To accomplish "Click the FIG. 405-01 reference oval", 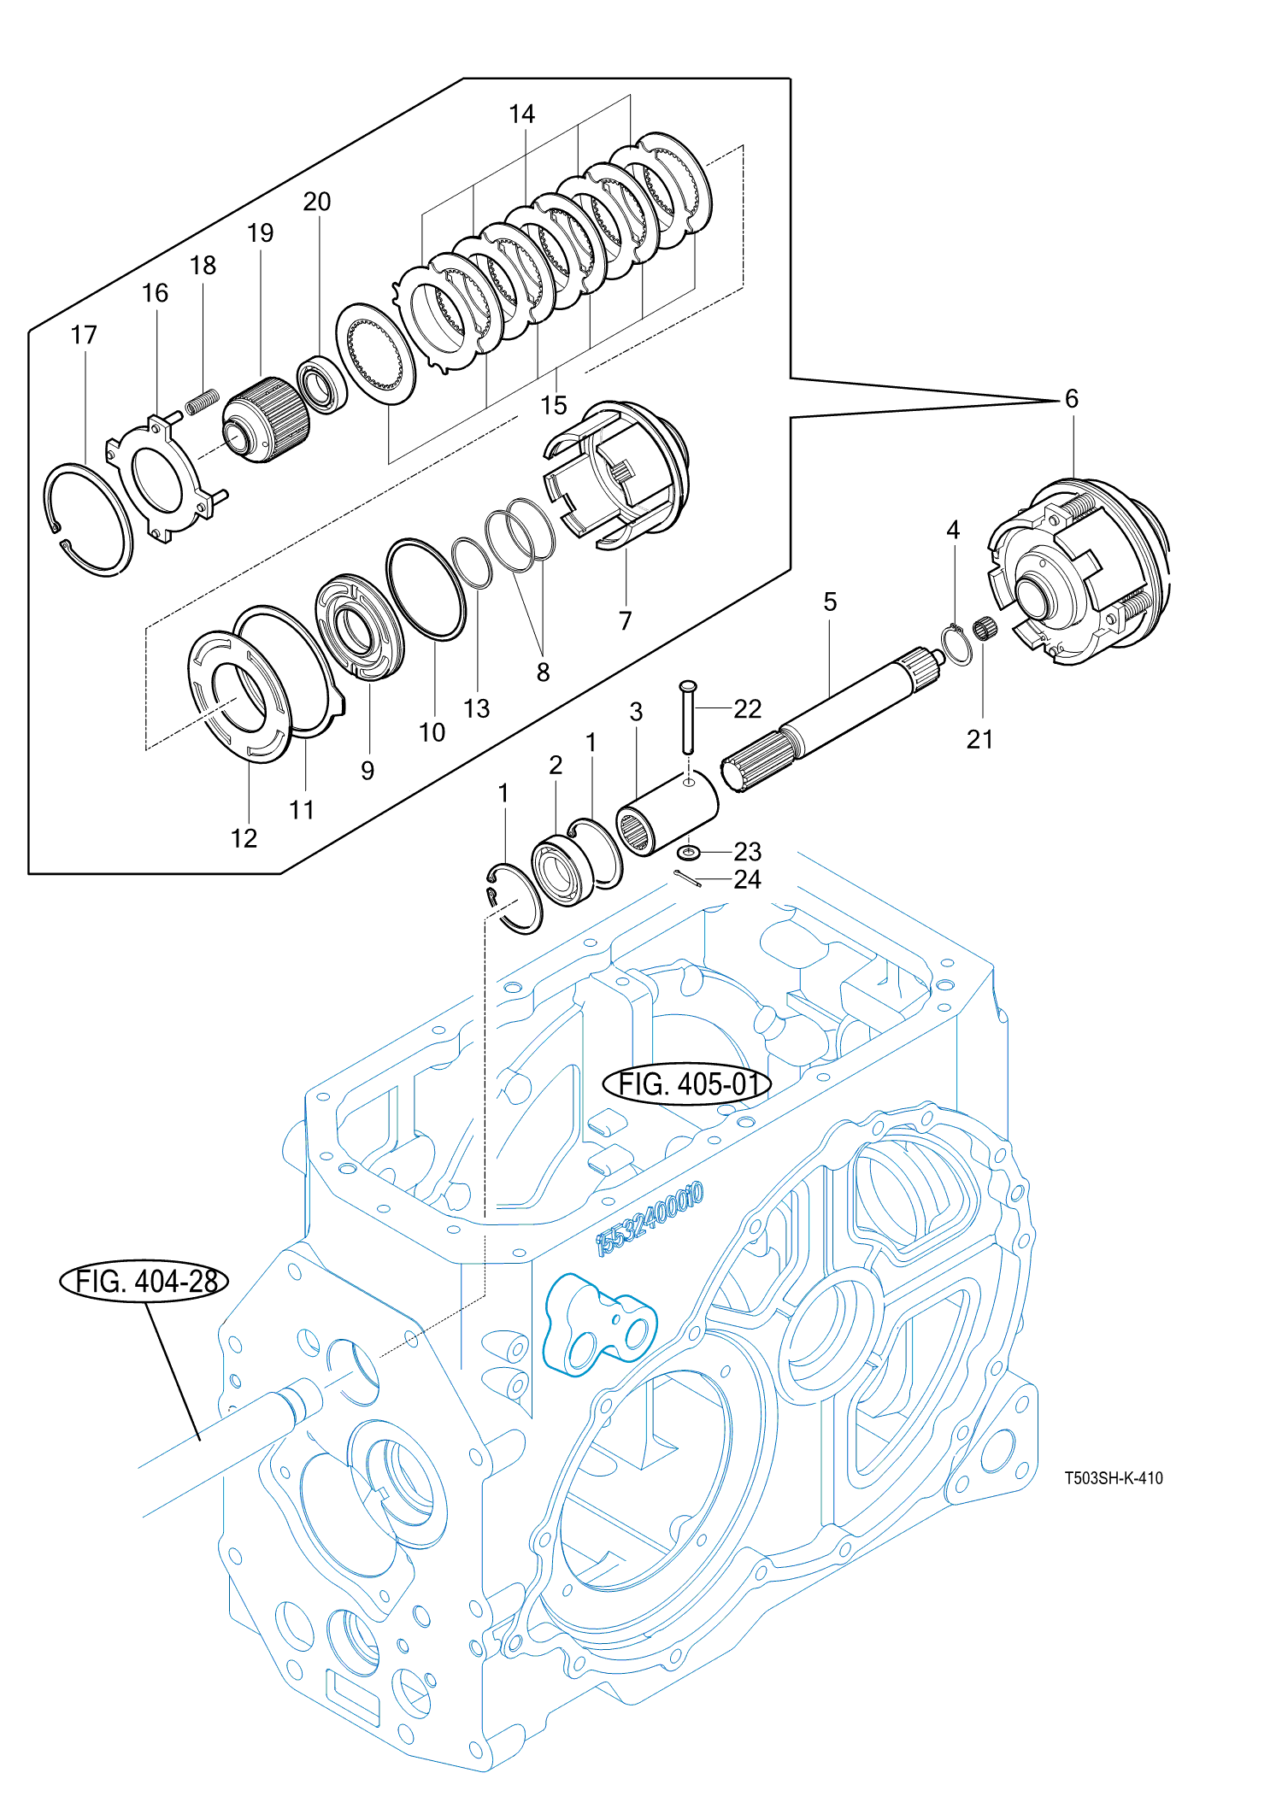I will coord(687,1083).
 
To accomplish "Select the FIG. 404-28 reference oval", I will coord(144,1281).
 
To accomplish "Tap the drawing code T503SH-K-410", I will coord(1113,1477).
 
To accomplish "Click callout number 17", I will coord(84,334).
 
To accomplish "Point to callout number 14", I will coord(521,114).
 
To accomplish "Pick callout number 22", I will coord(747,708).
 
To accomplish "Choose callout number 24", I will coord(747,879).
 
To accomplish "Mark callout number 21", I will coord(979,739).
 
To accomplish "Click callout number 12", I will coord(244,837).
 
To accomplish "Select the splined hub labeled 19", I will coord(265,419).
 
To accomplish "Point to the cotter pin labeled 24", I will coord(687,878).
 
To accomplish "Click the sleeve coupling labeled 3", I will coord(667,813).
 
